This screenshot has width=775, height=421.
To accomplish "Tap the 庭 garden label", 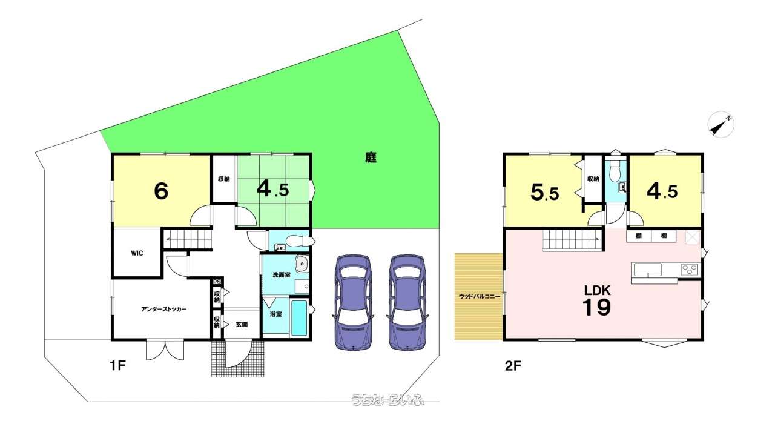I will click(x=371, y=158).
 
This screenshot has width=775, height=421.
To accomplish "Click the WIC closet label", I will click(x=137, y=253).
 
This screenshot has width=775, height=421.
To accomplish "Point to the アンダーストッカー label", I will click(x=163, y=309).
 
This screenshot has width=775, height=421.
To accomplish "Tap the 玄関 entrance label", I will click(x=242, y=325).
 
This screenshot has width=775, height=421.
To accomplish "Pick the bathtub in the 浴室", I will click(x=300, y=317).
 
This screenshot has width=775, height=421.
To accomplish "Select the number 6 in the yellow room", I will click(x=160, y=191).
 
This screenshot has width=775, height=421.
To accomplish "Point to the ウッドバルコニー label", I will click(x=479, y=297).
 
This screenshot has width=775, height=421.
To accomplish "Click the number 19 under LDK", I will click(x=596, y=308).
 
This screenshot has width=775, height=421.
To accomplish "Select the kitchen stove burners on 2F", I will click(x=690, y=269).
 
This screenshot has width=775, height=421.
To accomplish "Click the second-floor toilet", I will click(x=615, y=174).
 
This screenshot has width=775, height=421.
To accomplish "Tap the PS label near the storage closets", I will click(x=216, y=282).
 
